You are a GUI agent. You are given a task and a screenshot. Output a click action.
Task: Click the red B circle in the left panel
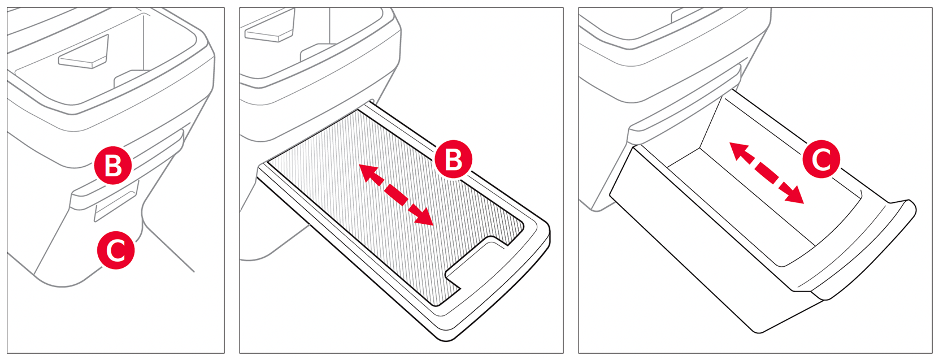[113, 165]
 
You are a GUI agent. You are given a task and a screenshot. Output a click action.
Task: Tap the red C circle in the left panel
[116, 250]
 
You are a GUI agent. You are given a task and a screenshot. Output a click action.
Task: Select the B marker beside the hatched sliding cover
[453, 160]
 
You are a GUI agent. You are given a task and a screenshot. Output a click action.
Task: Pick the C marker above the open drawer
[821, 159]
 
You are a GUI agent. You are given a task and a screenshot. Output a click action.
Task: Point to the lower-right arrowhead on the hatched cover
[424, 217]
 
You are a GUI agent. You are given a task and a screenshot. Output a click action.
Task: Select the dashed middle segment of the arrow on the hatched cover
[396, 195]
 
